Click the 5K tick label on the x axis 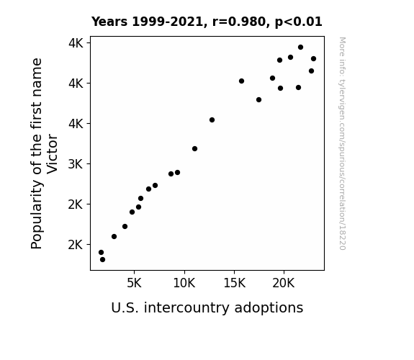coord(134,283)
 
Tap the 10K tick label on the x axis coord(184,283)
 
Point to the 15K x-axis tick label coord(234,283)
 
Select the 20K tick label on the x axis coord(284,283)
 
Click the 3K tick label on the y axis coord(76,164)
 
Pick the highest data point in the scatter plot coord(300,48)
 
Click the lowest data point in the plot coord(102,260)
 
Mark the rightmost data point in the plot coord(313,58)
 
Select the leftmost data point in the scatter coord(101,252)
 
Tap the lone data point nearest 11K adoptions coord(194,149)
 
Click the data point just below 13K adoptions coord(212,120)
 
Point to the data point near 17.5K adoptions coord(258,99)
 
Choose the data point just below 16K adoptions coord(241,81)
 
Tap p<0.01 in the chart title coord(299,22)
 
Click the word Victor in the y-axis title coord(52,154)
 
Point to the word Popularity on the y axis coord(37,214)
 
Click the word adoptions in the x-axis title coord(269,307)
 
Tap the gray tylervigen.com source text coord(342,143)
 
